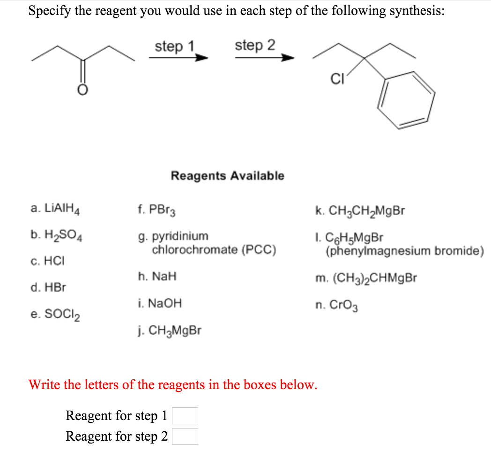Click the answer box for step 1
tap(185, 416)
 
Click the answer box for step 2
tap(185, 436)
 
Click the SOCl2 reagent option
tap(55, 313)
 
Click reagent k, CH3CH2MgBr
tap(360, 210)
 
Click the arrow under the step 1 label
tap(178, 58)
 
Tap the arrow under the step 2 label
tap(265, 58)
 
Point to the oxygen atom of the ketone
tap(82, 90)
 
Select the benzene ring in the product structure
tap(406, 100)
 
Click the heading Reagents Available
tap(227, 176)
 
